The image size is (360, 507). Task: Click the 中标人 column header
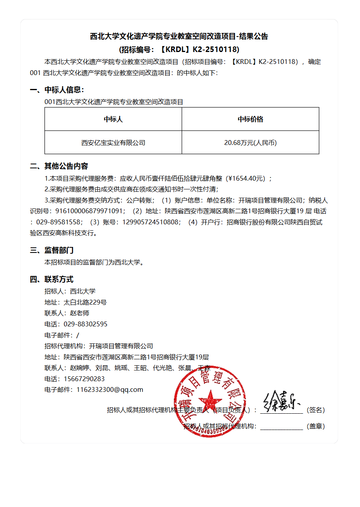(x=113, y=119)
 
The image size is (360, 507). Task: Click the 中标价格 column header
(x=250, y=119)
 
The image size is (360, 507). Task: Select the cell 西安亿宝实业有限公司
(x=113, y=143)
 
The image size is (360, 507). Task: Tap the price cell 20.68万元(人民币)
(x=250, y=143)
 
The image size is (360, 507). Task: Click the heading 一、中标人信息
(x=57, y=90)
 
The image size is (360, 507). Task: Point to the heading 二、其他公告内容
(x=59, y=166)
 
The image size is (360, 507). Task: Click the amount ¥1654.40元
(x=246, y=179)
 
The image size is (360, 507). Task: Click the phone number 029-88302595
(x=85, y=324)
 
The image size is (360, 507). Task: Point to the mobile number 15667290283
(x=84, y=379)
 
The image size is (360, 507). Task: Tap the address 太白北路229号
(x=85, y=302)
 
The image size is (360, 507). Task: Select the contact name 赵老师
(x=80, y=313)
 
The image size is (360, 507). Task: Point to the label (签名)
(x=316, y=410)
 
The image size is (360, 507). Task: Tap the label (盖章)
(x=316, y=426)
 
